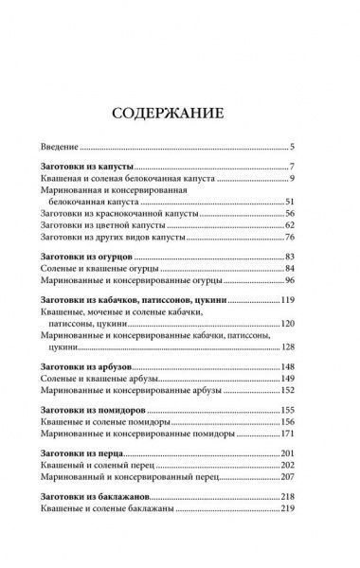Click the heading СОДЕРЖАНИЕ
[180, 115]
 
